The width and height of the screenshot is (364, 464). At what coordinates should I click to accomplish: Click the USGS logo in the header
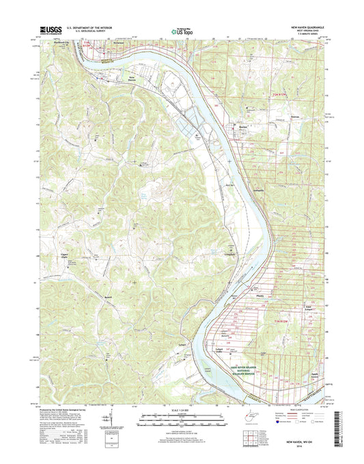(51, 30)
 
